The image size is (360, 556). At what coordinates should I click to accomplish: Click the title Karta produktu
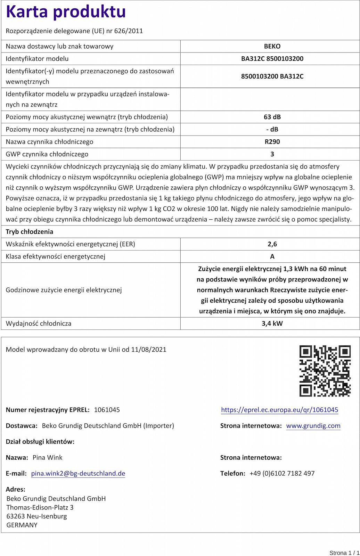coord(66,12)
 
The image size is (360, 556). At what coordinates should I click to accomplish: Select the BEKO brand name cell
coord(272,46)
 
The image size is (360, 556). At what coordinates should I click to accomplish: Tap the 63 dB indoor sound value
coord(272,117)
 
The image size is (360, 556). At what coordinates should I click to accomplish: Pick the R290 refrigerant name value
coord(272,142)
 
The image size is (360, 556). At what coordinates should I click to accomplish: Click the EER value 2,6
coord(272,244)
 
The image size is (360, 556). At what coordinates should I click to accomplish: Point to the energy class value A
coord(272,256)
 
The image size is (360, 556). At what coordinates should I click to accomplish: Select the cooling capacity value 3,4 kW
coord(272,324)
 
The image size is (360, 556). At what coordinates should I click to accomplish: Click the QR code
coord(325,371)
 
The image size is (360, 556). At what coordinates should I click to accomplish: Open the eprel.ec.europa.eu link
coord(279,410)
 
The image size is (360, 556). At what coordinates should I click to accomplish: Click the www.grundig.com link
coord(313,426)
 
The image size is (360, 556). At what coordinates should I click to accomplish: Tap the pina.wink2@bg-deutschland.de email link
coord(78,473)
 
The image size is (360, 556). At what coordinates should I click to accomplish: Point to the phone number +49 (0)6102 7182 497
coord(282,473)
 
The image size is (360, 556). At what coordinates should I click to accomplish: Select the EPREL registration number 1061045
coord(107,410)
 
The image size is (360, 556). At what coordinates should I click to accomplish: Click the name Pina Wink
coord(48,457)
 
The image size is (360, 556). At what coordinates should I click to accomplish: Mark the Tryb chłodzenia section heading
coord(30,232)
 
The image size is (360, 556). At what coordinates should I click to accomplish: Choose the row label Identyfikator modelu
coord(37,59)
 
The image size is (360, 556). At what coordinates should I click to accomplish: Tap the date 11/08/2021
coord(149,350)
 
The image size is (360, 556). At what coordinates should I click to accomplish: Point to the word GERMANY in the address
coord(22,525)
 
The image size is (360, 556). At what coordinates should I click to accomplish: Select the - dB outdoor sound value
coord(272,129)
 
